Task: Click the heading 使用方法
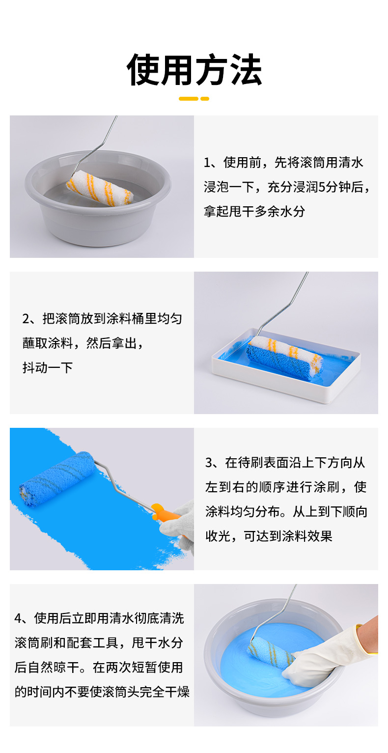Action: [x=194, y=70]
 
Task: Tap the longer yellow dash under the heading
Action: [x=188, y=99]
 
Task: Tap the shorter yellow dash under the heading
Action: [x=205, y=99]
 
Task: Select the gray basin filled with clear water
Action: [x=98, y=198]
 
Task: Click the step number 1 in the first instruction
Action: [x=207, y=163]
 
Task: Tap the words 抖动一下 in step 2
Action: [x=48, y=368]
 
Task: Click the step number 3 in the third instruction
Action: [x=209, y=463]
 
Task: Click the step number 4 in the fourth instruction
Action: [x=18, y=618]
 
